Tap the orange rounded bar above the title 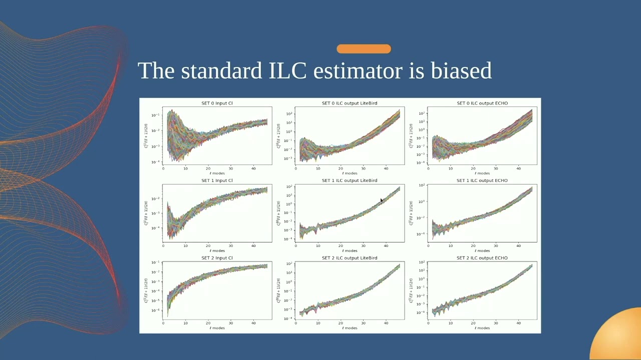(364, 48)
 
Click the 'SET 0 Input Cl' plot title (217, 103)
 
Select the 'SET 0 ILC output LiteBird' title (349, 103)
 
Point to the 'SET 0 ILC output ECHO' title (482, 103)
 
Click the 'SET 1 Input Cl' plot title (217, 180)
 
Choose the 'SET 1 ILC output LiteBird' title (349, 180)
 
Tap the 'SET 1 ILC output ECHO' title (482, 180)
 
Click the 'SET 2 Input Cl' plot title (217, 258)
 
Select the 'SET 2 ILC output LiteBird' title (349, 258)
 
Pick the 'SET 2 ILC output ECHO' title (482, 258)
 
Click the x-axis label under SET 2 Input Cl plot (217, 328)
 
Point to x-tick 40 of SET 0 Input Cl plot (253, 168)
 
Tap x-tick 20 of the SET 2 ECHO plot (473, 323)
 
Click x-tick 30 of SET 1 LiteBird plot (364, 245)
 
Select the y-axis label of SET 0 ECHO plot (411, 136)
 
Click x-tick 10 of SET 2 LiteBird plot (318, 323)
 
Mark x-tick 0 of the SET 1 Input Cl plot (163, 245)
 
